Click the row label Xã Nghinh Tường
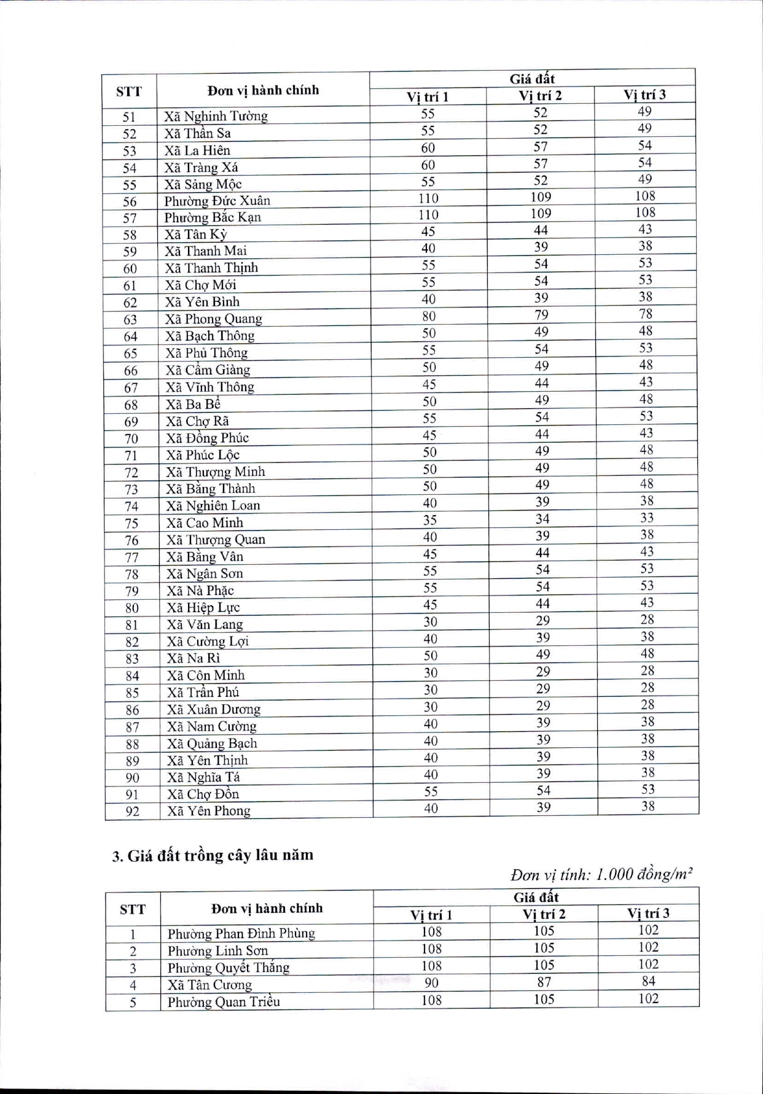pos(216,116)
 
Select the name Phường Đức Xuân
pos(217,201)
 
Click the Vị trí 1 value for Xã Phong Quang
pos(429,316)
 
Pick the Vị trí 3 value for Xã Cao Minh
pos(647,518)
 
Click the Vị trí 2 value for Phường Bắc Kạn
pos(541,214)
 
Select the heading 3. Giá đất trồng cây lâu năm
pos(213,855)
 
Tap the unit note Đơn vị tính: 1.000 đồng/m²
pos(601,874)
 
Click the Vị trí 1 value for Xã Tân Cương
pos(431,983)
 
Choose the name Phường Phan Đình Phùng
pos(241,934)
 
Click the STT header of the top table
pos(129,92)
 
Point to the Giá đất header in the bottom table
pos(535,897)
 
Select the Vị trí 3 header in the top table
pos(644,95)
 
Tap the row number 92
pos(133,812)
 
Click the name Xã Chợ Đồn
pos(203,794)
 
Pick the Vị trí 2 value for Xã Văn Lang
pos(542,621)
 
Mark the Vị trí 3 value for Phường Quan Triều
pos(648,999)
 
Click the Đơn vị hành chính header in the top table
pos(263,91)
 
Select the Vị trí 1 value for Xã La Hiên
pos(428,148)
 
